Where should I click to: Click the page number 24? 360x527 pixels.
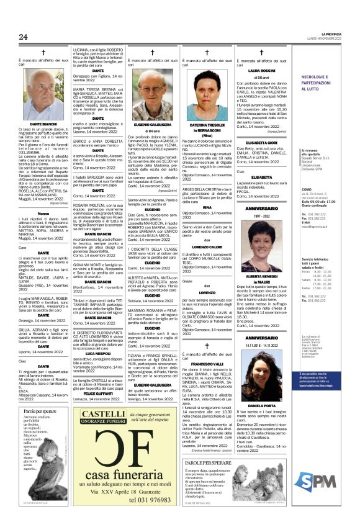point(24,37)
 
